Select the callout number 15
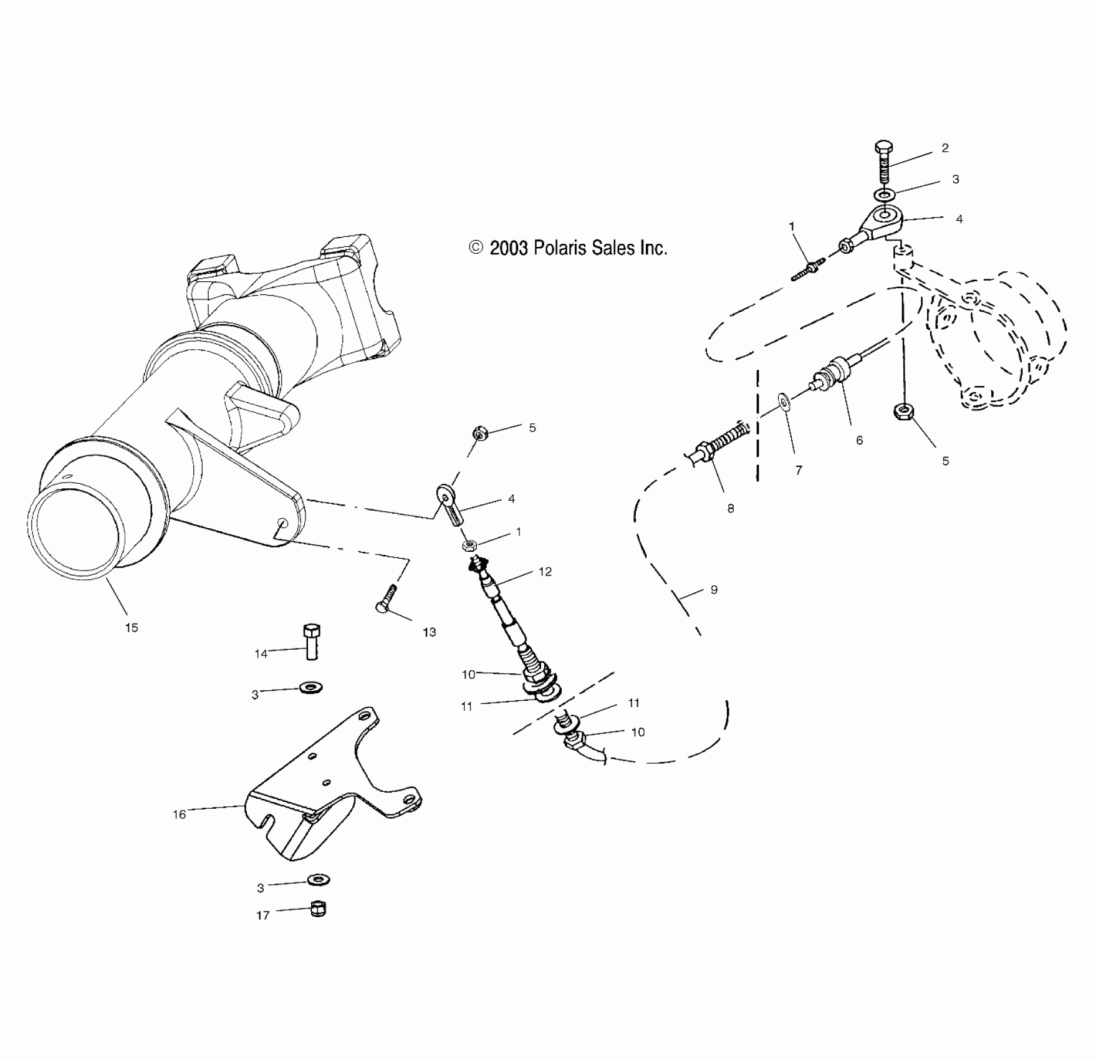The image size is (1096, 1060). click(132, 628)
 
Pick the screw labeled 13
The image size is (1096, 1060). click(386, 599)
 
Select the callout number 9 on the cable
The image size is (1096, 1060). click(714, 589)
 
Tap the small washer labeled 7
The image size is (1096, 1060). click(784, 403)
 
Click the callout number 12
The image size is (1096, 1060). click(546, 572)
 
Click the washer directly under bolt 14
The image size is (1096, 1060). click(310, 688)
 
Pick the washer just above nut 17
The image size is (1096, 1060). click(319, 880)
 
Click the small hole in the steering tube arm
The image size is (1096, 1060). click(282, 523)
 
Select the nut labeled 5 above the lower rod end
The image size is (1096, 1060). click(479, 433)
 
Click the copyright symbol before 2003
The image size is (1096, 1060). click(476, 248)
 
